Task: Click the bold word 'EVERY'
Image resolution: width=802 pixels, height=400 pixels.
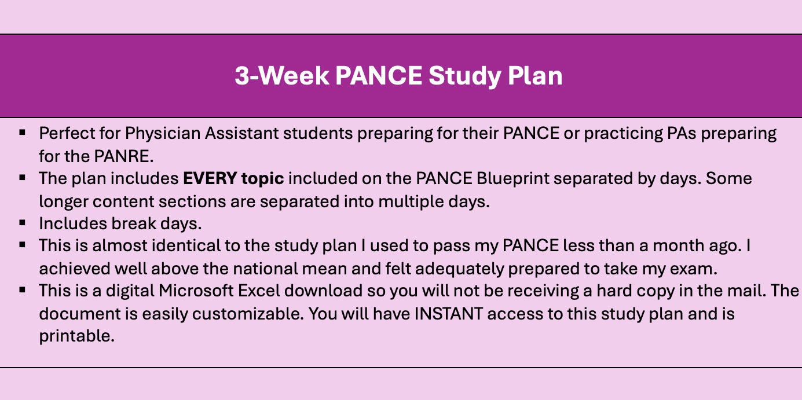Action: tap(207, 178)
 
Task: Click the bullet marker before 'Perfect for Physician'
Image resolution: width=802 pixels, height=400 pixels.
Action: tap(23, 133)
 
